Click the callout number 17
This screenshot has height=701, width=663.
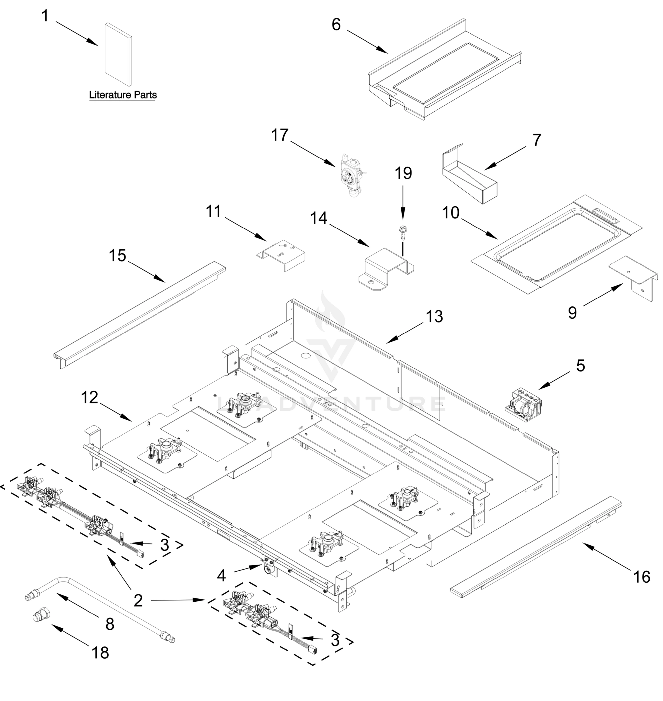point(280,135)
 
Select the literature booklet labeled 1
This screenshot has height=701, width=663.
point(118,54)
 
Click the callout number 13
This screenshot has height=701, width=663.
point(434,317)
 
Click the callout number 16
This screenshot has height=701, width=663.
point(641,577)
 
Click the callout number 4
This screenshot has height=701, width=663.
point(221,576)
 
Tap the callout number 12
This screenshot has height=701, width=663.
point(89,398)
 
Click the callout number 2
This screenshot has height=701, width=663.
point(138,601)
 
